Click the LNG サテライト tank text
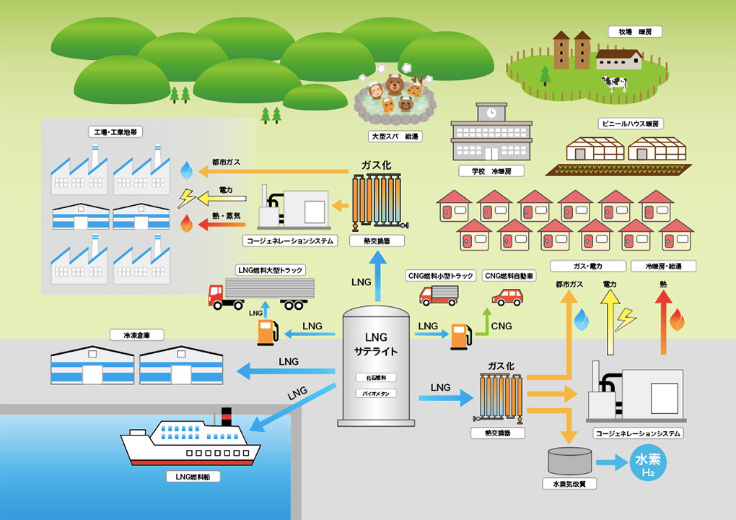(376, 344)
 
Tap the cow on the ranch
(615, 83)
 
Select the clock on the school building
(491, 113)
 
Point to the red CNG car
(507, 297)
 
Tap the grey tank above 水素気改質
(569, 460)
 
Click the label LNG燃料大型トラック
(271, 270)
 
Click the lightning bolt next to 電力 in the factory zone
(186, 197)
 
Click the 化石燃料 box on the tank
(376, 378)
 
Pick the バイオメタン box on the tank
(376, 394)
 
